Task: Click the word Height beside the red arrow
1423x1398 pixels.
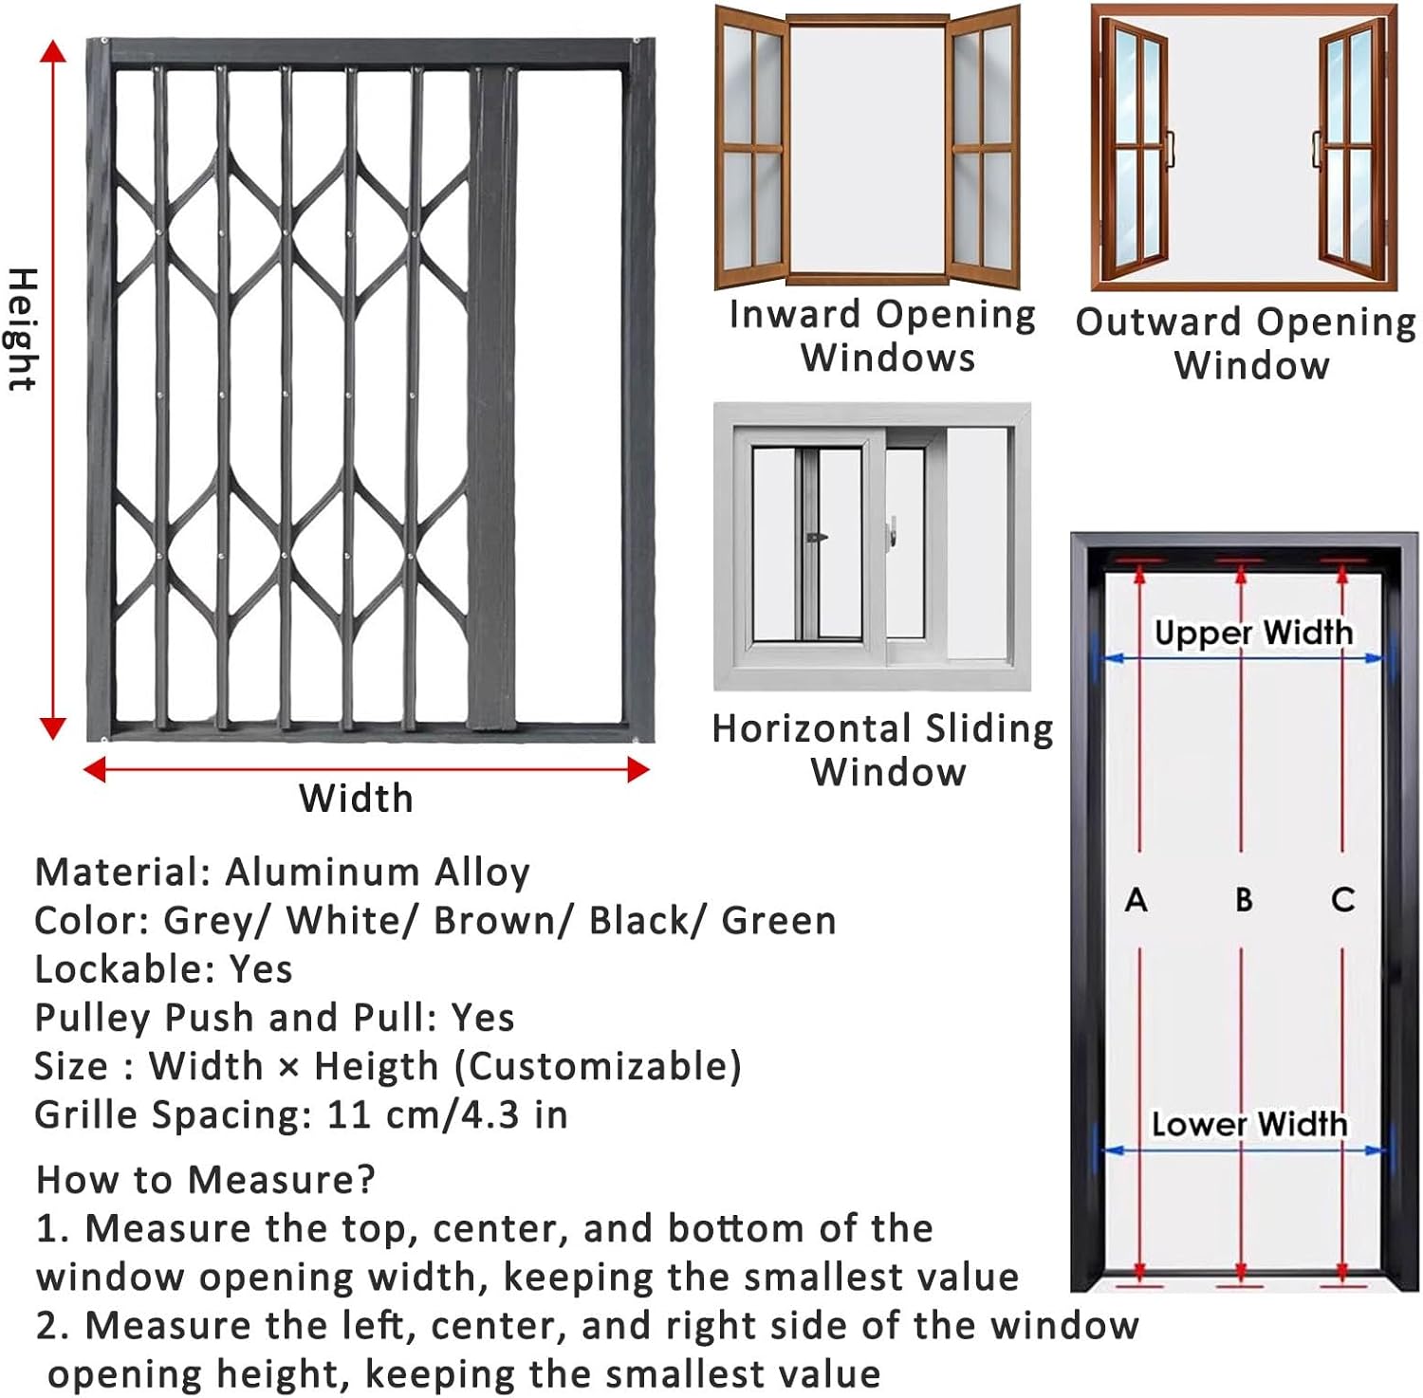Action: pyautogui.click(x=23, y=328)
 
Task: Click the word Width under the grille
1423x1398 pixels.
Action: pyautogui.click(x=356, y=799)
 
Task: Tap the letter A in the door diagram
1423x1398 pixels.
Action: pyautogui.click(x=1136, y=899)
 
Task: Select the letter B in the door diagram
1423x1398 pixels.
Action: pyautogui.click(x=1243, y=899)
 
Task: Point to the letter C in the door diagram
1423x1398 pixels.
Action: pyautogui.click(x=1342, y=899)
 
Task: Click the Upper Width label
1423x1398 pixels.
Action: pyautogui.click(x=1253, y=633)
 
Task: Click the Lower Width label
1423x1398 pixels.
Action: pyautogui.click(x=1248, y=1124)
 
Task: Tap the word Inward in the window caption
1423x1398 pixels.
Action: pyautogui.click(x=794, y=315)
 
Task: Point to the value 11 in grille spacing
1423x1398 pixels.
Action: pyautogui.click(x=347, y=1115)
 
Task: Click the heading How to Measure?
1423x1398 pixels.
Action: pyautogui.click(x=206, y=1180)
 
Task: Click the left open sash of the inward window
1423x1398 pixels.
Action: pyautogui.click(x=750, y=147)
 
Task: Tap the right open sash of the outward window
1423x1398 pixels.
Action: pyautogui.click(x=1351, y=147)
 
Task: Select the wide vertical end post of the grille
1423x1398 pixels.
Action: pyautogui.click(x=493, y=398)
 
